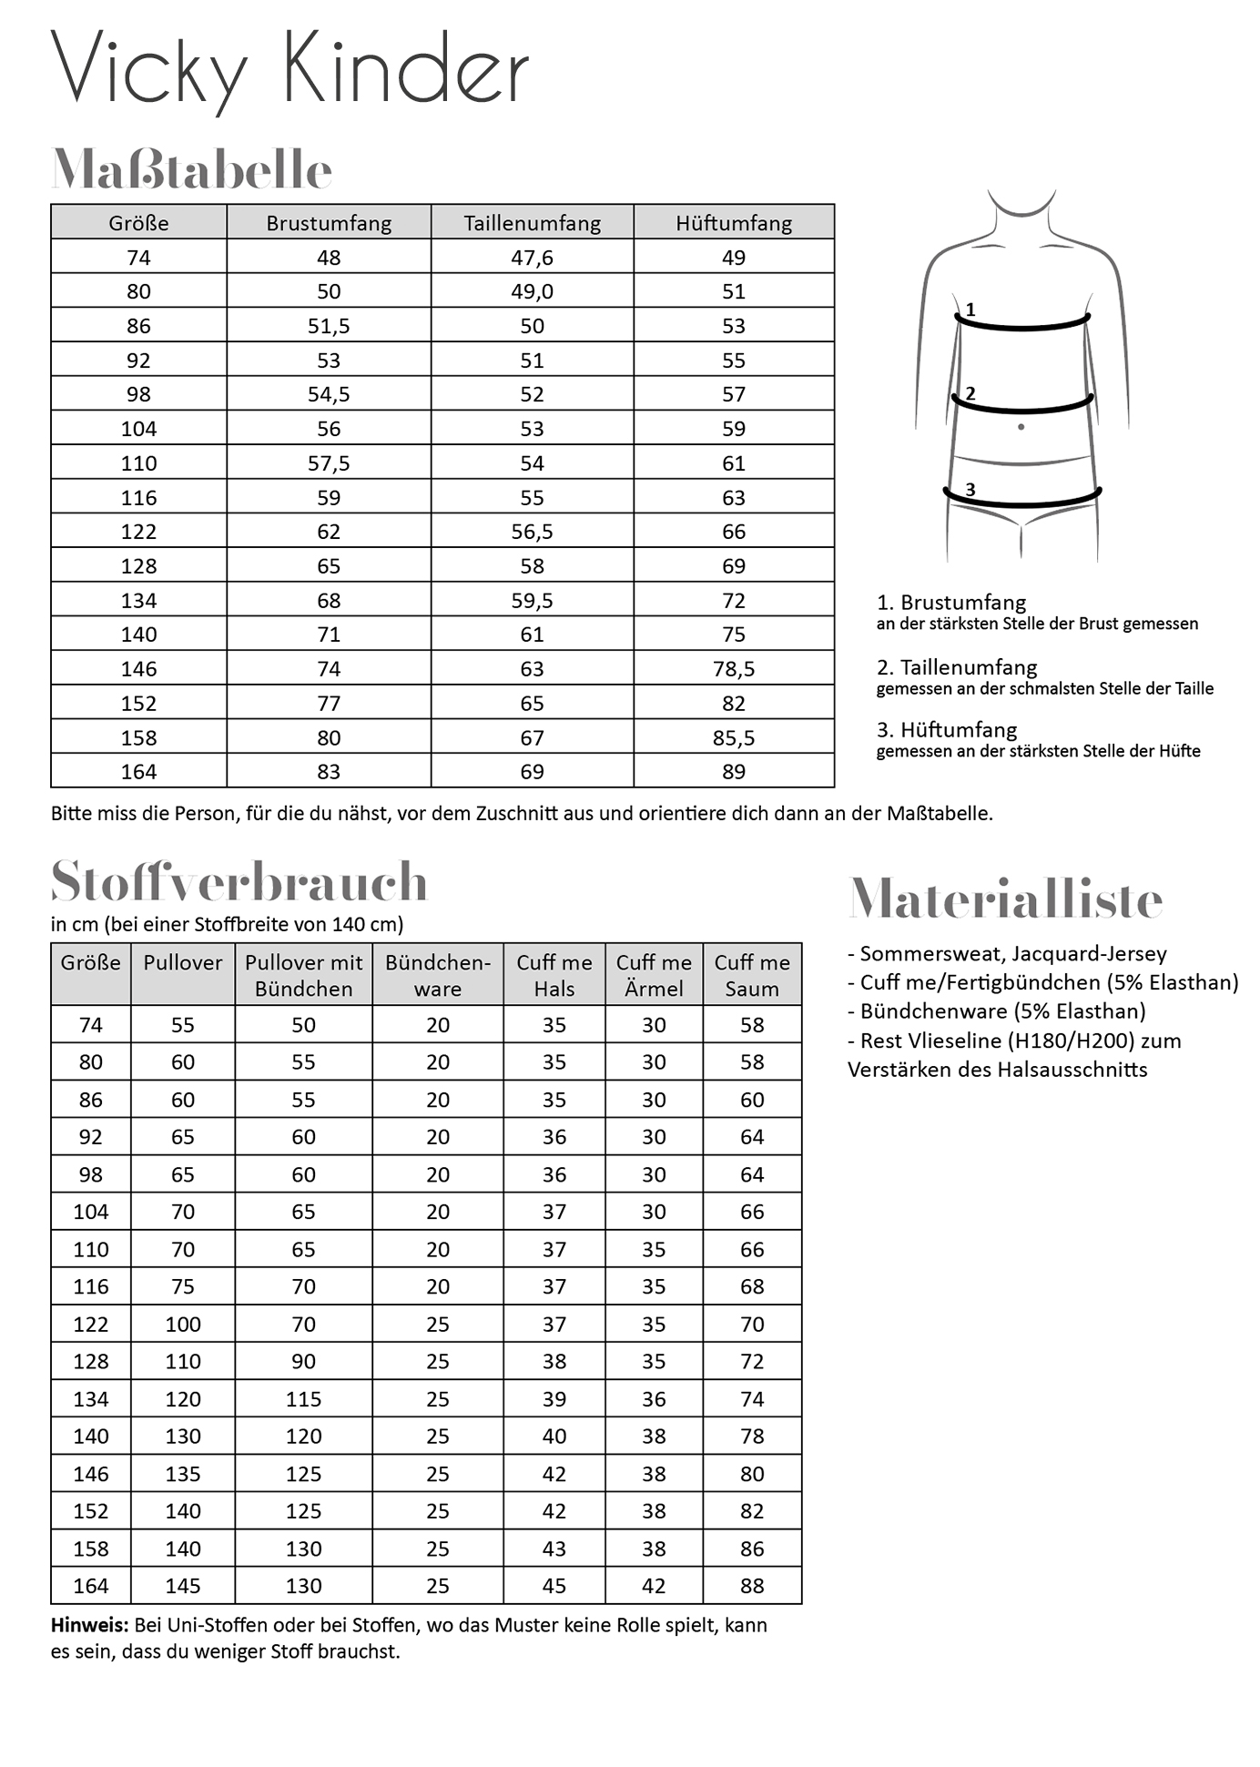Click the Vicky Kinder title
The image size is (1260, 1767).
point(290,69)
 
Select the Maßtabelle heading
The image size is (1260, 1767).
point(191,169)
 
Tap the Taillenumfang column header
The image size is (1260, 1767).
point(532,223)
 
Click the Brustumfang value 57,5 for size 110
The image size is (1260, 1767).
point(329,463)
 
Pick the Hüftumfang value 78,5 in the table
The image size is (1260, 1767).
point(734,669)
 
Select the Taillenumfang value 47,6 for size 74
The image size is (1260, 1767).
point(532,258)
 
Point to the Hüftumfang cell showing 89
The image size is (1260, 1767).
point(734,772)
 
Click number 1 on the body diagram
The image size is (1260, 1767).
point(970,310)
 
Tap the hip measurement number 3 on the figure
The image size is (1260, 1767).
point(970,490)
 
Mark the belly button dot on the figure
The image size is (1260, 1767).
point(1021,427)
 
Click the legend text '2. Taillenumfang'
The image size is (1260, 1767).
point(956,667)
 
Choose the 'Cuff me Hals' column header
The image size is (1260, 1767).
point(554,975)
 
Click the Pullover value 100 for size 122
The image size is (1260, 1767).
point(183,1325)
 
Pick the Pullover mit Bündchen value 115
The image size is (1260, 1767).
point(303,1399)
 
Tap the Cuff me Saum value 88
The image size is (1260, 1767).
point(752,1586)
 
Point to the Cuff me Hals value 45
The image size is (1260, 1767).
point(554,1586)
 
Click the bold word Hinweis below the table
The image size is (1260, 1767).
point(88,1625)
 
